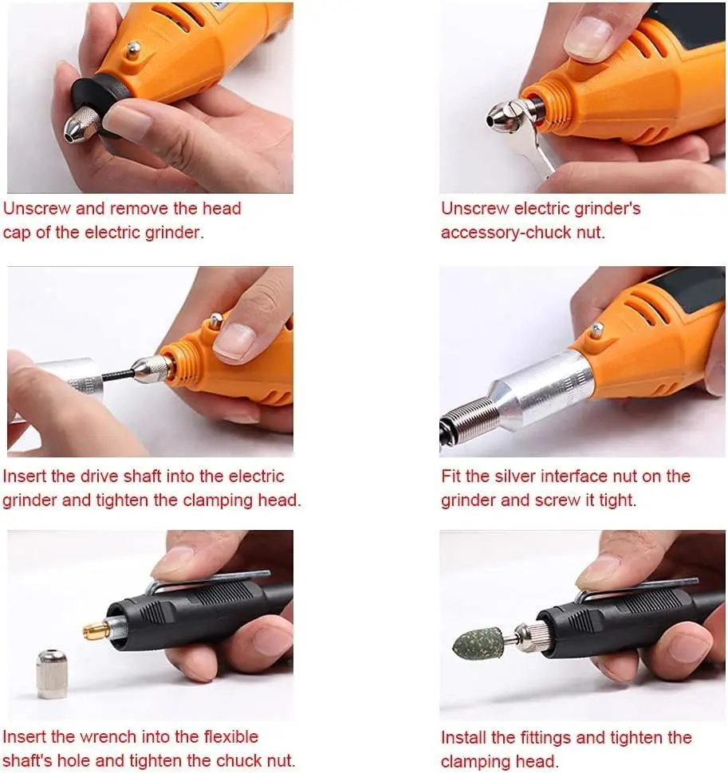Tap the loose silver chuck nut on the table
coord(52,674)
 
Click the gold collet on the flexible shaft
coord(96,630)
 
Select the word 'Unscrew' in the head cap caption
coord(37,209)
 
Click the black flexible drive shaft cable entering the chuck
coord(117,375)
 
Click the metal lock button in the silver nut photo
coord(597,329)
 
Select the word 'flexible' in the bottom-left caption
coord(230,737)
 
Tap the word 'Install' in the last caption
coord(463,738)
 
